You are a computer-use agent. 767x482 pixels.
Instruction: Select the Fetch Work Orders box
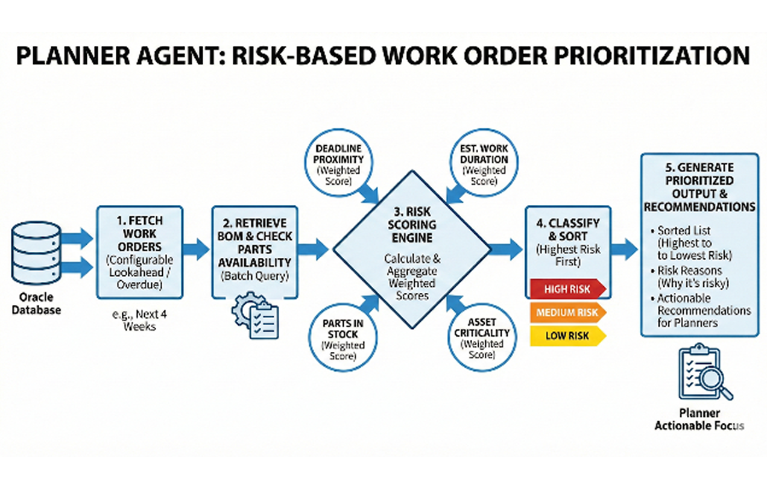pos(139,251)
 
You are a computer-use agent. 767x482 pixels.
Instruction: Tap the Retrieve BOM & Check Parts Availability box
pos(254,251)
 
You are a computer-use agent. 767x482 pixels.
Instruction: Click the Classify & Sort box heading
pos(568,230)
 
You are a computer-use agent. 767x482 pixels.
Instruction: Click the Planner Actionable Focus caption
pos(699,419)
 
